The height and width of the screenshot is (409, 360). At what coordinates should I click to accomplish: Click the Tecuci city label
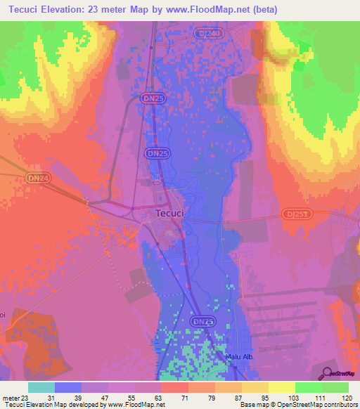tap(169, 214)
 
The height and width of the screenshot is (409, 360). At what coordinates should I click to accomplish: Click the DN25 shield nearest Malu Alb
tap(202, 320)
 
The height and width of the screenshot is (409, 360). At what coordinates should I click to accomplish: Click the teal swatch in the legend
tap(41, 387)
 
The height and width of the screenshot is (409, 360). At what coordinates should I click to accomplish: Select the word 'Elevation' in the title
tap(70, 10)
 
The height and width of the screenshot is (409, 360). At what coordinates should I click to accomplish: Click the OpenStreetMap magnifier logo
tap(326, 372)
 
